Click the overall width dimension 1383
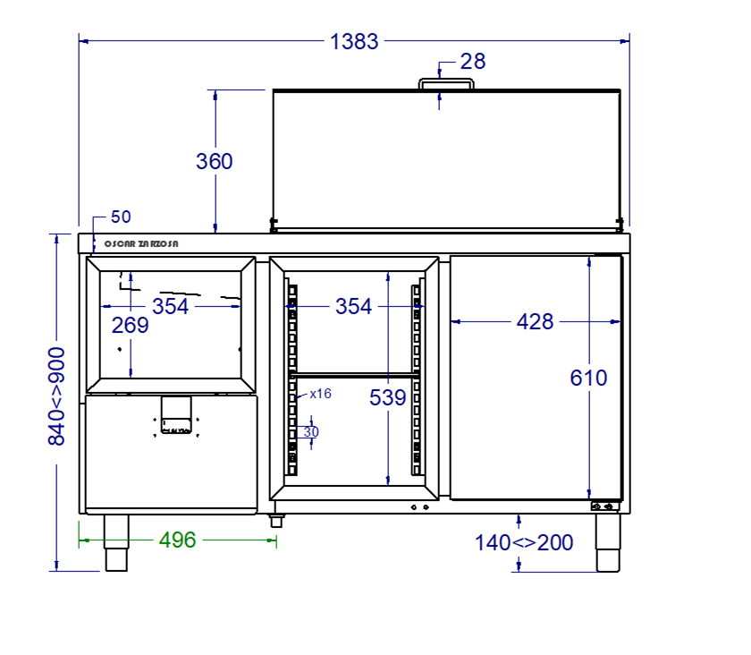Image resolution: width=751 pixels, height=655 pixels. coord(354,42)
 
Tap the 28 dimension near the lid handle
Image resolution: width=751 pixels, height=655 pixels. coord(473,62)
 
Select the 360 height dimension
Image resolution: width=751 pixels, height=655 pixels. coord(214,161)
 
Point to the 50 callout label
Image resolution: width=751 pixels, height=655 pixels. coord(121,217)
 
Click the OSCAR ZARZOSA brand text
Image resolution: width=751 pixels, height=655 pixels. coord(141,244)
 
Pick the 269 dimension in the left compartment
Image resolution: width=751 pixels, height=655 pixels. coord(131,326)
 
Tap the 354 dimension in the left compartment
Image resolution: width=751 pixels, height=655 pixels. coord(170,306)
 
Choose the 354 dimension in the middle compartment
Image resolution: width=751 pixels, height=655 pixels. coord(353,306)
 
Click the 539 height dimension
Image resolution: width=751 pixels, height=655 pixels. coord(387,397)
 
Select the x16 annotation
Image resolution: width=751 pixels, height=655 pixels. coord(320,394)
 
